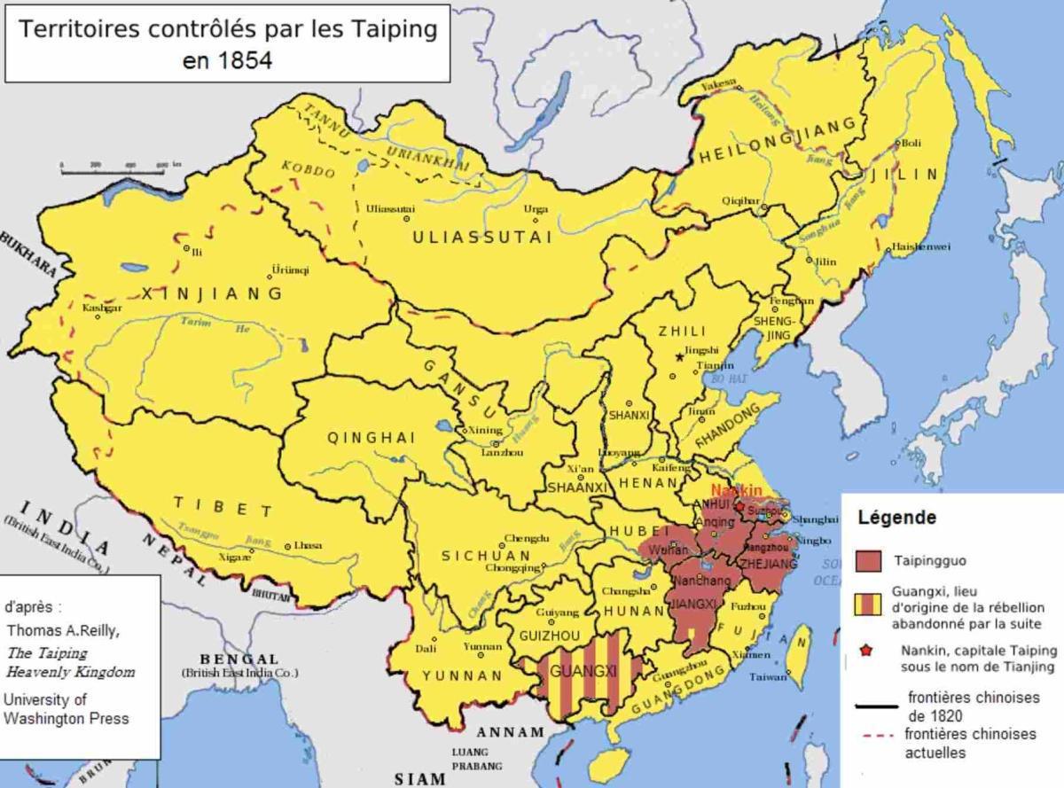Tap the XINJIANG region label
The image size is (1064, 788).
[x=212, y=293]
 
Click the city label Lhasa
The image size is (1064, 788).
[x=308, y=545]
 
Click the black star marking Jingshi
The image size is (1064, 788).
[x=679, y=356]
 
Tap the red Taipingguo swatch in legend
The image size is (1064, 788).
[x=868, y=560]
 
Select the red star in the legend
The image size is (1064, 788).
[x=867, y=651]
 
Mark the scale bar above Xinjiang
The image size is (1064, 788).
[x=114, y=166]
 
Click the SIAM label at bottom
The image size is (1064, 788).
[x=419, y=779]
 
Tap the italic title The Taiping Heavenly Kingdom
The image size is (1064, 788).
[x=70, y=662]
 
